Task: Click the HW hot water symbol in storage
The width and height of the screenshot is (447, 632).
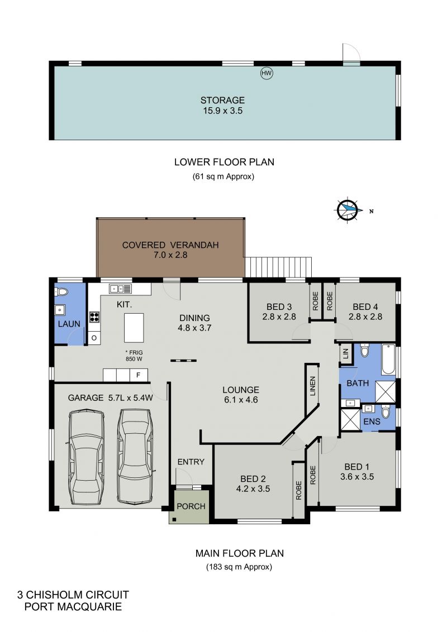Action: (x=267, y=73)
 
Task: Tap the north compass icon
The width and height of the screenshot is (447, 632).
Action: (x=347, y=210)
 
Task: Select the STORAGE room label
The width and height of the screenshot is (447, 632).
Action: (x=223, y=100)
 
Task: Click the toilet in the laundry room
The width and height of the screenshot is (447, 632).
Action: (x=61, y=291)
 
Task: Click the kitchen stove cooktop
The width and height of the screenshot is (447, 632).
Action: (x=94, y=317)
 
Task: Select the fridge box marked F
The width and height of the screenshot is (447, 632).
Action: (x=139, y=375)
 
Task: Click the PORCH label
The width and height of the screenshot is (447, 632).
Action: (x=191, y=506)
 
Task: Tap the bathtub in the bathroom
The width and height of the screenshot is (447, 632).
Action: (x=388, y=360)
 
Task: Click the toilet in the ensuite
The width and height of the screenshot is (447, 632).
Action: (x=386, y=411)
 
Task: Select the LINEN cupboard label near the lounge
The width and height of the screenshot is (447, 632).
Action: (x=313, y=386)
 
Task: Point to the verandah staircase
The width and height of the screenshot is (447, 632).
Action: (x=279, y=267)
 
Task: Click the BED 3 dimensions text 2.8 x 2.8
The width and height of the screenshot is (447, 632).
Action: (x=279, y=317)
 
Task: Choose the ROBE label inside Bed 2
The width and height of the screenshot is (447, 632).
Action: (x=298, y=490)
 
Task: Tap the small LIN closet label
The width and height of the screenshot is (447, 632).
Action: (x=345, y=354)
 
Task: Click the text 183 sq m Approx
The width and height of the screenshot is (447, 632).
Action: (x=239, y=567)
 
